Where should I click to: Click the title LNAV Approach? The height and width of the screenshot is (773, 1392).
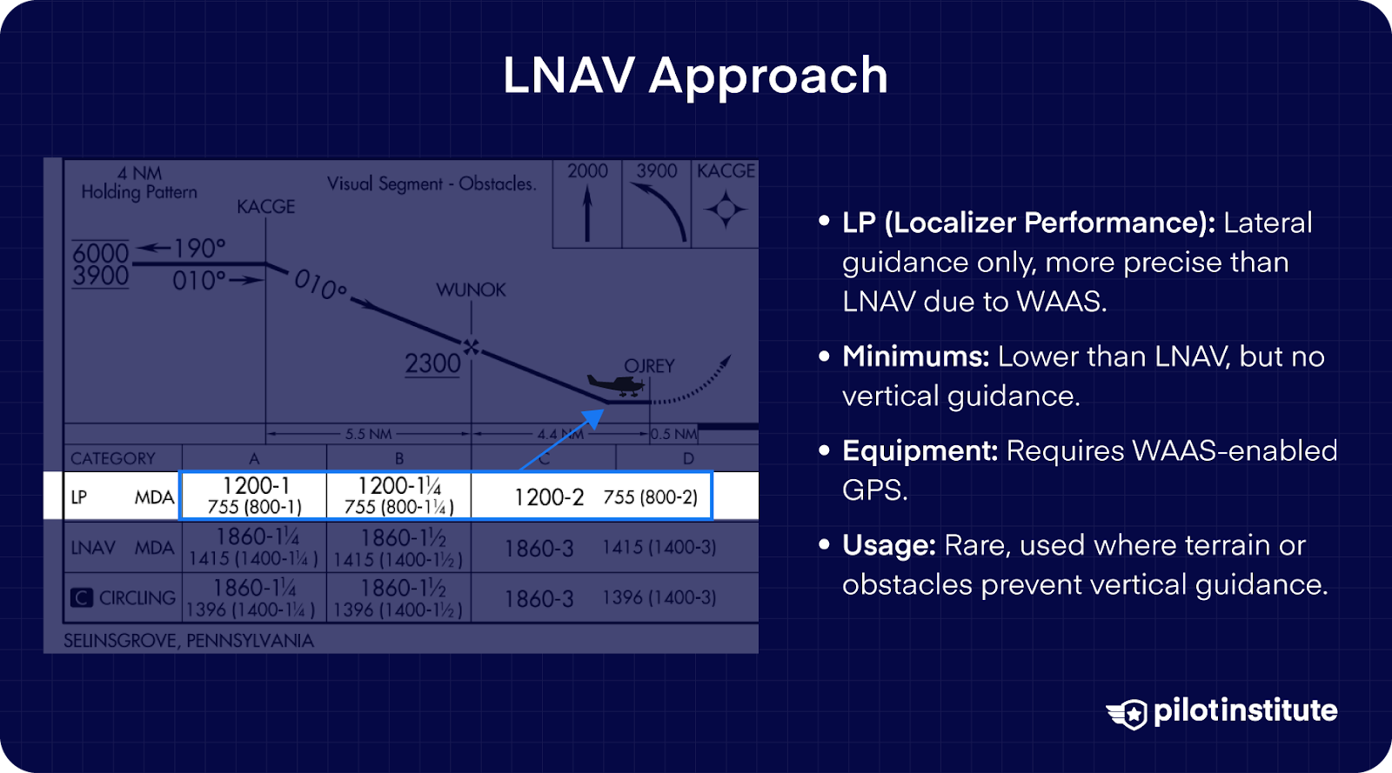click(695, 76)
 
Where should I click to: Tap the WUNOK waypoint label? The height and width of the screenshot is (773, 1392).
click(471, 290)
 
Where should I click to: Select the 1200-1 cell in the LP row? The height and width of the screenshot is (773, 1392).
click(254, 496)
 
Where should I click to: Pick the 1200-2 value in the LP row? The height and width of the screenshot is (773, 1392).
click(549, 497)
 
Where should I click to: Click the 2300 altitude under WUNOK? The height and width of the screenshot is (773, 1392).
click(432, 363)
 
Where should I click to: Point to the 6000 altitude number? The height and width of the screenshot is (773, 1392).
click(100, 252)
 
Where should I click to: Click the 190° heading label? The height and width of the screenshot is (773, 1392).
click(198, 249)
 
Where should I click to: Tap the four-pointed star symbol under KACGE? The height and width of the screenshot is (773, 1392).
click(725, 210)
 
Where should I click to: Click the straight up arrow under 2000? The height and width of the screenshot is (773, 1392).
click(587, 215)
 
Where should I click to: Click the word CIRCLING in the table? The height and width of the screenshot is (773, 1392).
click(137, 598)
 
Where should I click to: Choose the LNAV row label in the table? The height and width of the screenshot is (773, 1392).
click(93, 548)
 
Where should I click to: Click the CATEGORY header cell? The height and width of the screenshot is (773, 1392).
click(113, 458)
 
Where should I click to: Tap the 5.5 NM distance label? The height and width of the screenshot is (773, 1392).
click(368, 433)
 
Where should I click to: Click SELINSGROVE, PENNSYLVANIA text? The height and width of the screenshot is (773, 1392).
click(188, 641)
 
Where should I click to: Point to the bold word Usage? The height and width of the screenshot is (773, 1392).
click(888, 546)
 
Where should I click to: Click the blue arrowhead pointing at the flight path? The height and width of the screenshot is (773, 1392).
click(594, 418)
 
